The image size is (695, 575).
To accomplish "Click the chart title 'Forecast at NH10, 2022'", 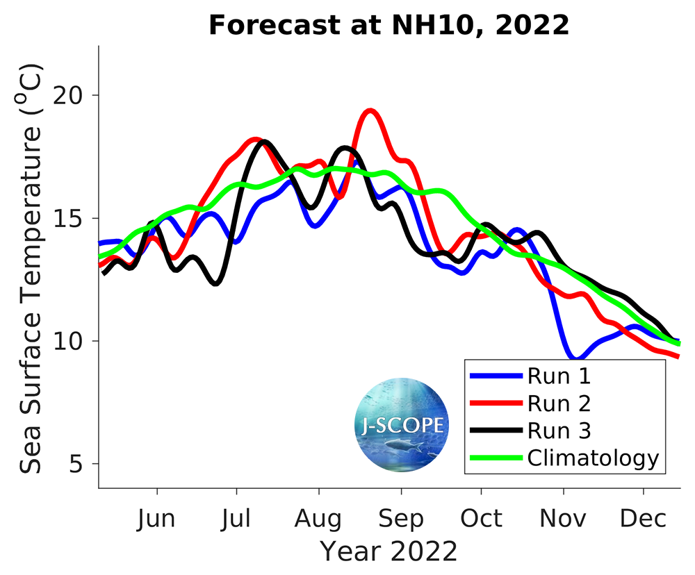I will [389, 26].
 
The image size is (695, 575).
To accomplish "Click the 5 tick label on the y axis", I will [84, 464].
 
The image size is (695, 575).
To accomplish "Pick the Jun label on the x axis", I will [157, 519].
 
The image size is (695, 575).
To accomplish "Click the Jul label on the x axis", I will [237, 519].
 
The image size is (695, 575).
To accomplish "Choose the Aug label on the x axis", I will [318, 519].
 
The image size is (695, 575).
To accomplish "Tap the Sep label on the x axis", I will [400, 519].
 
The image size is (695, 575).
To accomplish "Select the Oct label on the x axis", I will [481, 519].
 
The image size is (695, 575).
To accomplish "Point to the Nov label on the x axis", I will [563, 519].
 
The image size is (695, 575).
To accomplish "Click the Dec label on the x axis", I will [644, 519].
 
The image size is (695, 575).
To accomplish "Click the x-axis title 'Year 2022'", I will [389, 552].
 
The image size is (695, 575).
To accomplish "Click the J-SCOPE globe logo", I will [402, 425].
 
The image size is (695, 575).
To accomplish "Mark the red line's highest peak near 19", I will [370, 110].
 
